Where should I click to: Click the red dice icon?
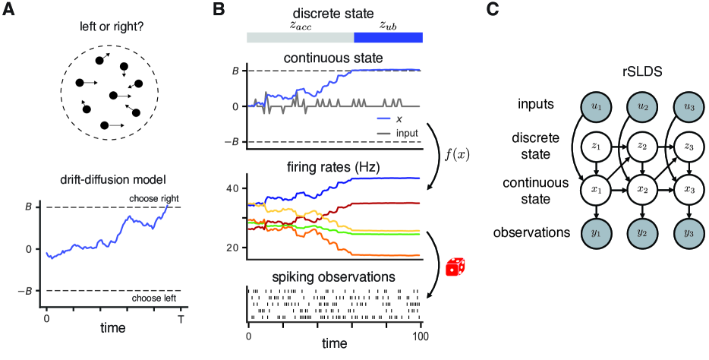(455, 267)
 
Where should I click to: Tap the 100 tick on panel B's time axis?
(421, 335)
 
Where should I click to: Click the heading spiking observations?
(335, 276)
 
